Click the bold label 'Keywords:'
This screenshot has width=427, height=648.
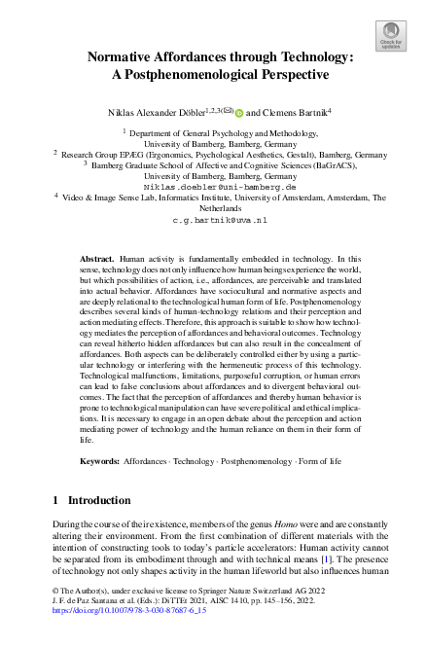coord(99,458)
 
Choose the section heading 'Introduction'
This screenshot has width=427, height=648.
coord(99,500)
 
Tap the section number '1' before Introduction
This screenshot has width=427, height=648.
coord(54,500)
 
